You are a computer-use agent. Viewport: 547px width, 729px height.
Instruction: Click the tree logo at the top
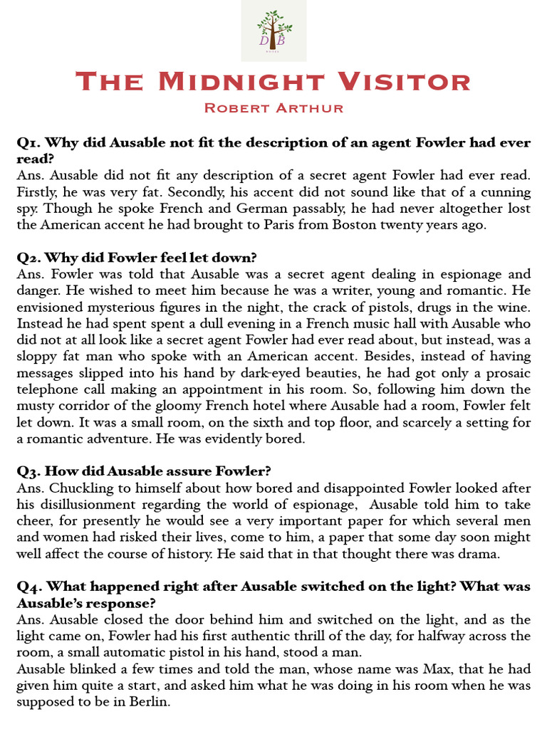click(x=273, y=29)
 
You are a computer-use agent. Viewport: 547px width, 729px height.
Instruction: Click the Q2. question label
click(x=30, y=257)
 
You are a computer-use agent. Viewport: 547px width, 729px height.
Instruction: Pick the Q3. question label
click(x=30, y=471)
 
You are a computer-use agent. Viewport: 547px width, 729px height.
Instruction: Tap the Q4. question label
click(x=30, y=586)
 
